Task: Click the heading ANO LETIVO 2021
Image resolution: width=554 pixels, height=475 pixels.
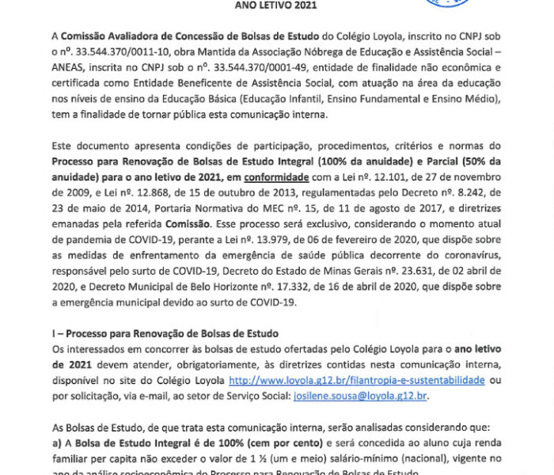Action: [x=276, y=5]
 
